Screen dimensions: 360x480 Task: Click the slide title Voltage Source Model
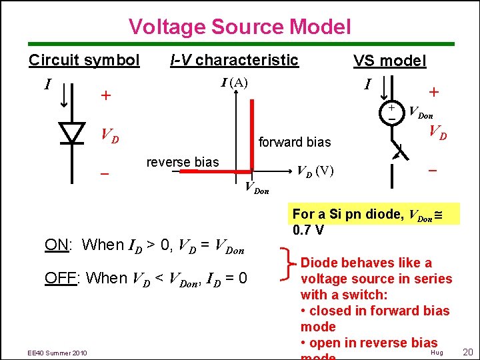tap(239, 27)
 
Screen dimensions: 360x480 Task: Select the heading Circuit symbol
tap(84, 60)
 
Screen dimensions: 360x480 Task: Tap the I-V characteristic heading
tap(234, 60)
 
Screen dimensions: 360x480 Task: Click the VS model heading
tap(389, 61)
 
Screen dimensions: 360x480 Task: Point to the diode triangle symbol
tap(72, 133)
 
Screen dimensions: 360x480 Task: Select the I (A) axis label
tap(234, 83)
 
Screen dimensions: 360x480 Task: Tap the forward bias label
tap(295, 142)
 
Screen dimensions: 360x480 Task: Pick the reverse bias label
tap(182, 163)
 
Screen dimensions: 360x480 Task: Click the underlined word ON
tap(56, 245)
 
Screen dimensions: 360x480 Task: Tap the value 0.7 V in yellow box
tap(309, 231)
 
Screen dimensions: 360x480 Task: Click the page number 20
tap(467, 351)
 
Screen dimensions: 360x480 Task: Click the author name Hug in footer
tap(437, 351)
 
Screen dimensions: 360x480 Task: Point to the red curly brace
tap(289, 262)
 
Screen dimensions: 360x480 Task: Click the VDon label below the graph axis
tap(257, 189)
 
